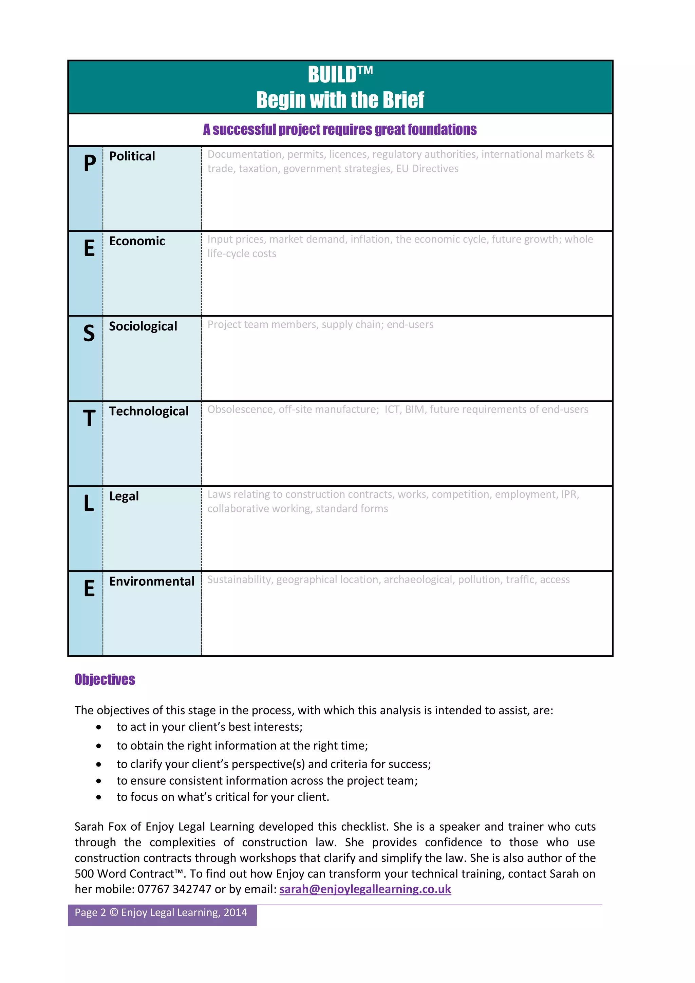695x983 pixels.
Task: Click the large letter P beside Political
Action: [90, 163]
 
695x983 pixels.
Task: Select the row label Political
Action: [132, 156]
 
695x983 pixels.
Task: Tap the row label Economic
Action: [137, 241]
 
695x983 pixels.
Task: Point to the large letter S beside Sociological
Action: [89, 333]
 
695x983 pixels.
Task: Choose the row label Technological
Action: [149, 411]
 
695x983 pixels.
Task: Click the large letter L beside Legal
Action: [89, 503]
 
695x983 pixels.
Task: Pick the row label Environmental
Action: [152, 581]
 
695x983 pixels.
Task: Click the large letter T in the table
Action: [89, 418]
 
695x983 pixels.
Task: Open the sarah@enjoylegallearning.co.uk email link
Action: [365, 889]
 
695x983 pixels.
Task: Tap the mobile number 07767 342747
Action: [174, 889]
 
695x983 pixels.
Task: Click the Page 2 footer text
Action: [161, 912]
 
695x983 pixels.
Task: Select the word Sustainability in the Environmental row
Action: [239, 580]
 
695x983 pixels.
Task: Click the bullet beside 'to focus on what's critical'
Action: [99, 797]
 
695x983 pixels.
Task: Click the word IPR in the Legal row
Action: [569, 494]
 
